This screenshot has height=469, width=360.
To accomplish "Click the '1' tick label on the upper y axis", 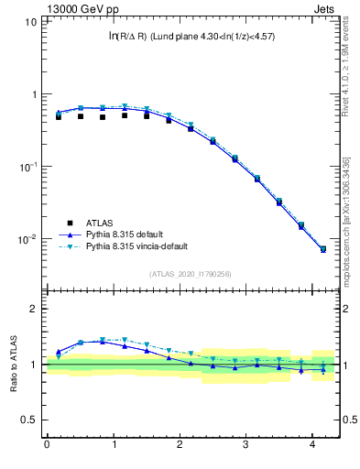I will click(x=34, y=94).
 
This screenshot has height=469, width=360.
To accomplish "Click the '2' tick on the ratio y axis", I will click(x=34, y=309).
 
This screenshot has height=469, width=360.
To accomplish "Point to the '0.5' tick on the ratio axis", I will click(x=30, y=420).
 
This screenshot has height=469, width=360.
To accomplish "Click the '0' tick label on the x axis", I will click(x=47, y=445).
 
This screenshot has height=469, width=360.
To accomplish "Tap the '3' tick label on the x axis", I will click(x=246, y=445).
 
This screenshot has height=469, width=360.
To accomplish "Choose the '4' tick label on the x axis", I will click(x=313, y=445).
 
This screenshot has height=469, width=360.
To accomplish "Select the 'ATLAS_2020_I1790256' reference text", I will click(x=191, y=274).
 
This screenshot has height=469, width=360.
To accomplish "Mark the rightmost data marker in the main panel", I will click(x=322, y=249).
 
